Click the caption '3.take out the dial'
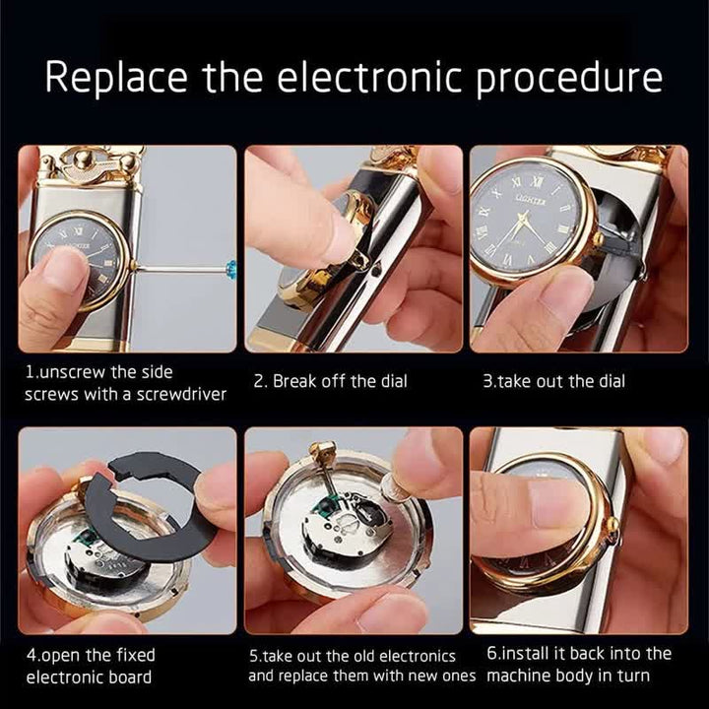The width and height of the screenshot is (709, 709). click(x=553, y=381)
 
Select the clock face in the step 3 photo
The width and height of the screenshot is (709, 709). click(x=527, y=222)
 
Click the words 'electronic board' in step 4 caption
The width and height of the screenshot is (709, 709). click(x=89, y=677)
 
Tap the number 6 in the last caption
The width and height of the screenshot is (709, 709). click(x=492, y=653)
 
